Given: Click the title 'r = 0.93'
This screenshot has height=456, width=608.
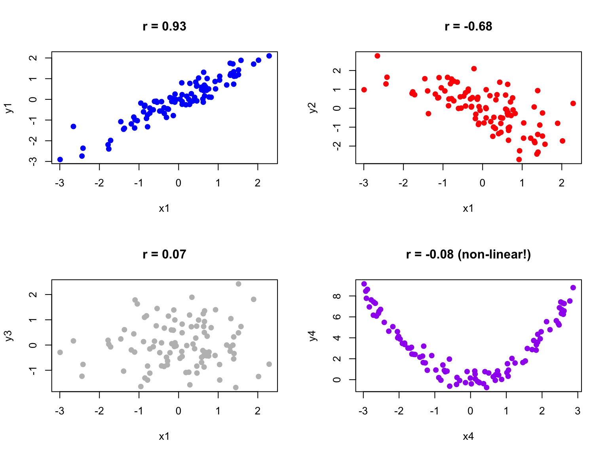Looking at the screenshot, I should pos(164,27).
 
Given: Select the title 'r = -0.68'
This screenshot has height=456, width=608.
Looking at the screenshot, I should pos(468,27).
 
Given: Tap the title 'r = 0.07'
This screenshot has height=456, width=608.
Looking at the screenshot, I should pos(164,254).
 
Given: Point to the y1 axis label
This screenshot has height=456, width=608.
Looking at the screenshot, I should pos(9,108).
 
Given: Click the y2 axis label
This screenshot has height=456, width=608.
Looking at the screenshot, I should pos(313,108).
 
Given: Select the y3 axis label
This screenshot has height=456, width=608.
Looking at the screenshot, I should pos(9,336).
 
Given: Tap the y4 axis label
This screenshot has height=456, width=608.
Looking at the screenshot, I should pos(313,336).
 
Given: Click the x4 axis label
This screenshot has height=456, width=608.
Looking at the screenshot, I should pos(468,436).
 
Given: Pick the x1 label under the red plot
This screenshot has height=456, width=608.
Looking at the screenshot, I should pos(468,208).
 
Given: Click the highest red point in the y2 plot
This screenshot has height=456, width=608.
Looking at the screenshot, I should pos(377,56).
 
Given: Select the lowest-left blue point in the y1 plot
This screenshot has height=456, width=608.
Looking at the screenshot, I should pos(60,160).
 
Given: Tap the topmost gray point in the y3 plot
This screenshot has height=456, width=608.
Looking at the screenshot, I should pos(238,284).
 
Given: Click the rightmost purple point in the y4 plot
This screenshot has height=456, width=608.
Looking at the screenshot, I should pos(573,288).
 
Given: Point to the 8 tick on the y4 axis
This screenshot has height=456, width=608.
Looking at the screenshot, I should pos(337,296).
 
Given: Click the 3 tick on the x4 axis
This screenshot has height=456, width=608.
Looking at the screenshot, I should pos(578,411).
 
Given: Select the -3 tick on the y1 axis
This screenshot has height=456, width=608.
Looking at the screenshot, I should pos(33,161).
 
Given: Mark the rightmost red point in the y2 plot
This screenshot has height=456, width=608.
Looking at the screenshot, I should pos(573,103).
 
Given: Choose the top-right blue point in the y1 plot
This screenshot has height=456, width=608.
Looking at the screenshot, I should pos(269,56).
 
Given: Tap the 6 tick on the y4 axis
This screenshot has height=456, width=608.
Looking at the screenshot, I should pos(337,317).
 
